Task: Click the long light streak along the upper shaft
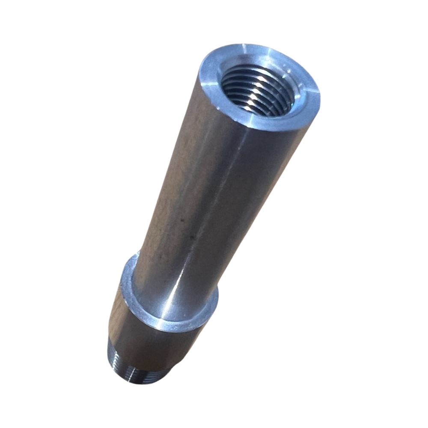(223, 171)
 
